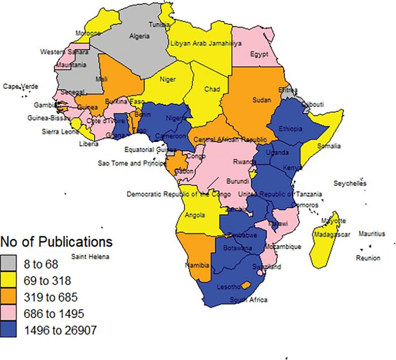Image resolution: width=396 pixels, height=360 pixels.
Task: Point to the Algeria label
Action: (140, 36)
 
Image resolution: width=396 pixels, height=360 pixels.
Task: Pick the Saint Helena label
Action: (88, 257)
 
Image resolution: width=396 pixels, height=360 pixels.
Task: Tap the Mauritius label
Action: (370, 233)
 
